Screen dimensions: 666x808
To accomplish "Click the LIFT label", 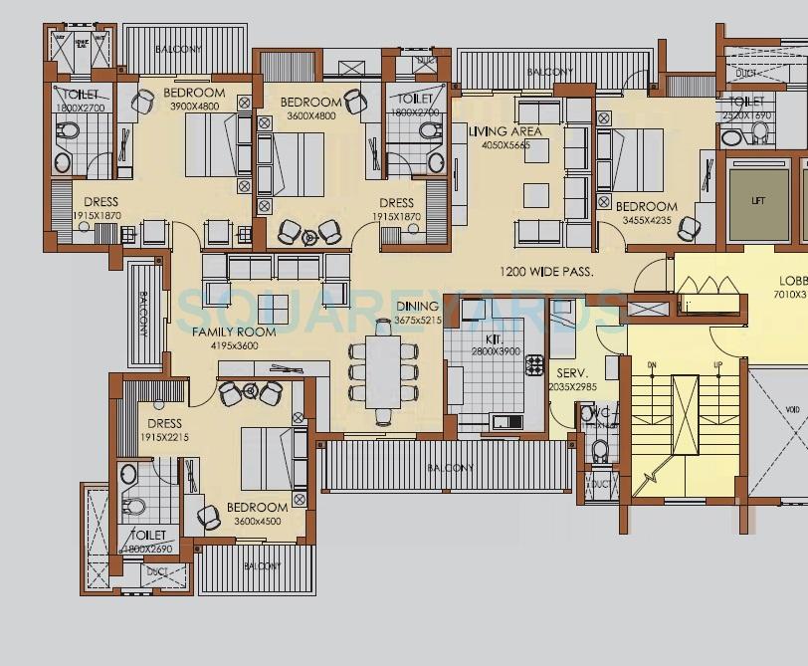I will tap(759, 201).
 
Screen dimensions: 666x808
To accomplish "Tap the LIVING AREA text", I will tap(505, 131).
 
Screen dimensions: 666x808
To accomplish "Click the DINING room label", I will tap(417, 307).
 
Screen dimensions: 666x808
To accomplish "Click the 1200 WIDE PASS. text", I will tap(546, 271).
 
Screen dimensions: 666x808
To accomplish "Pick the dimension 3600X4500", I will tap(257, 521).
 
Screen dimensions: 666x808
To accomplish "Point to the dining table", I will tap(383, 371).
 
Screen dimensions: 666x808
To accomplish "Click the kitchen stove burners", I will tap(534, 365).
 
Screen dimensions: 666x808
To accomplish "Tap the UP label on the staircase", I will tap(717, 365).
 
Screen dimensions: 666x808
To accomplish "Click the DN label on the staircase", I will tap(653, 365).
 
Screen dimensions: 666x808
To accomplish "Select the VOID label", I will tap(792, 409).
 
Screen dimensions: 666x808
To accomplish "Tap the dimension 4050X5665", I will tap(505, 145).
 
